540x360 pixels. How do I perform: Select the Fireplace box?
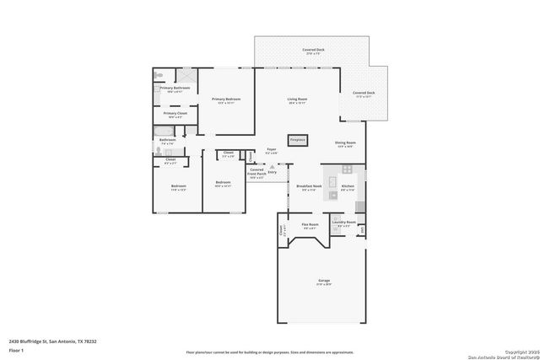pos(297,140)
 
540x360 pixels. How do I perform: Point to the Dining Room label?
pos(346,144)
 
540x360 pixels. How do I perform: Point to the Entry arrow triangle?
pos(272,167)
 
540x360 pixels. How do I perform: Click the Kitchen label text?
pos(348,187)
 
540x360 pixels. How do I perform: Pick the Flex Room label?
pos(310,225)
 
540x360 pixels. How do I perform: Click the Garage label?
pos(323,282)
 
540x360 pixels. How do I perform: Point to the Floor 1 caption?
pos(16,350)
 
